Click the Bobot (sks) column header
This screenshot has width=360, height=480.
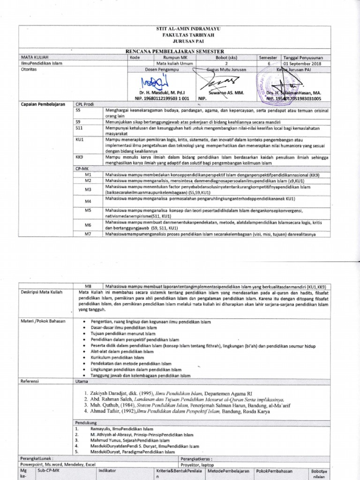(226, 57)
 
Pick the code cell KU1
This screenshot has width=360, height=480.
(79, 140)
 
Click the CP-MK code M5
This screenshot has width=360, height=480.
(88, 210)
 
